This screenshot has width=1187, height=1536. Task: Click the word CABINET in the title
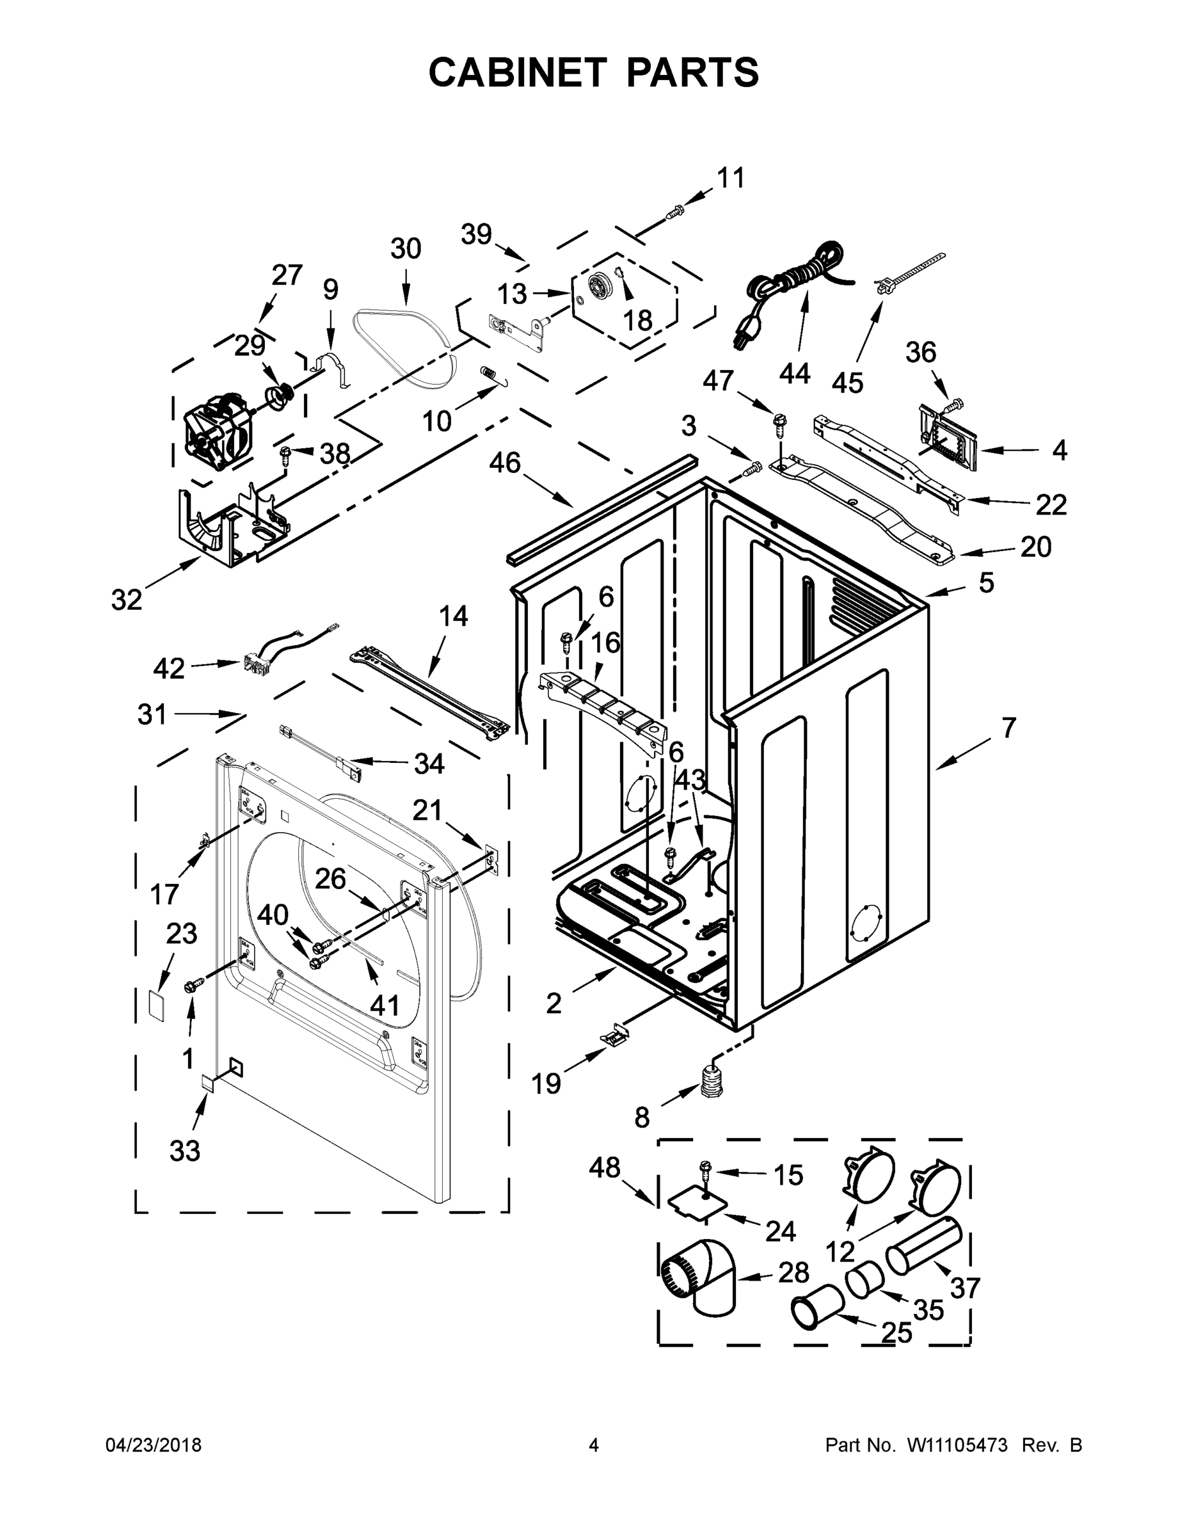[517, 72]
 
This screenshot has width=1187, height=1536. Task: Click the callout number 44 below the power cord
[795, 374]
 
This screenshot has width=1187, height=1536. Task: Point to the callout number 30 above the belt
[406, 249]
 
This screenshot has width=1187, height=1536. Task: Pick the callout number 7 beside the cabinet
[1008, 728]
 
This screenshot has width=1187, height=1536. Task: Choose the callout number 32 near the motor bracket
[127, 600]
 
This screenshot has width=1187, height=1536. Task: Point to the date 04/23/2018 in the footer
[154, 1445]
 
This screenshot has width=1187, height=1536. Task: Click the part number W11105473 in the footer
[957, 1445]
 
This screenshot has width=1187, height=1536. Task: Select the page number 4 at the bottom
[594, 1445]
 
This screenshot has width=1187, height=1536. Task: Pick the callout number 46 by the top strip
[505, 463]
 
